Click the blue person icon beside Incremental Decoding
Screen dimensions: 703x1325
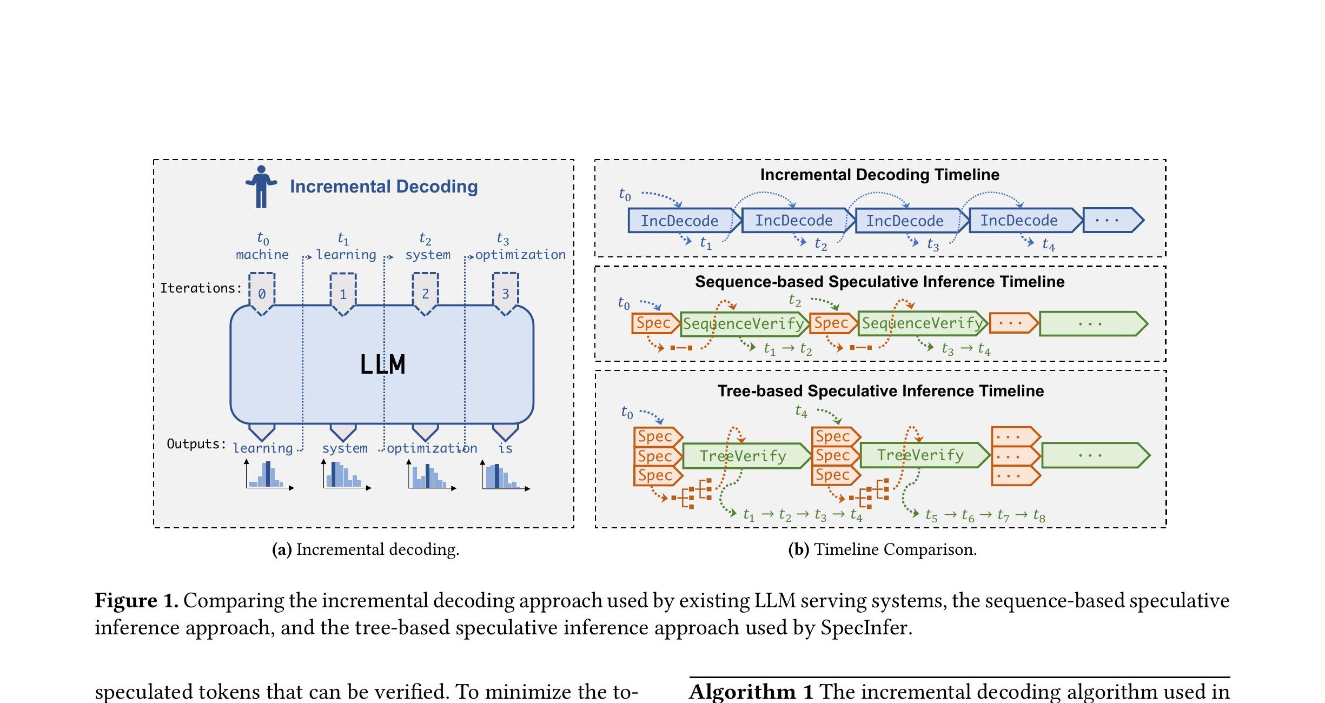coord(261,187)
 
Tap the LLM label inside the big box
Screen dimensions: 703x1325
coord(382,364)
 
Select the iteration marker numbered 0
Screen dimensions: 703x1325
coord(262,293)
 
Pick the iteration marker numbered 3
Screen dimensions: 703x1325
coord(505,293)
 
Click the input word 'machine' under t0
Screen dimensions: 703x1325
coord(262,255)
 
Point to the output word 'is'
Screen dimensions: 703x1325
coord(505,448)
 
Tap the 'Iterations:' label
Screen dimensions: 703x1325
coord(201,288)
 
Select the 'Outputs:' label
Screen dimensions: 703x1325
coord(196,444)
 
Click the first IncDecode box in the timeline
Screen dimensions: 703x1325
coord(680,221)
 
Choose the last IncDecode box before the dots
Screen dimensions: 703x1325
coord(1019,221)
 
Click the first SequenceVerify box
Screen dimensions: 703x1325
coord(744,323)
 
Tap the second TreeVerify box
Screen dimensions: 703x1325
coord(920,455)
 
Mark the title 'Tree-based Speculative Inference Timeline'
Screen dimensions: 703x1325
coord(880,391)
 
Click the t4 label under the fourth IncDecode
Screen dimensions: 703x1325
coord(1048,245)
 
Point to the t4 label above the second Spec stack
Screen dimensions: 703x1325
coord(801,412)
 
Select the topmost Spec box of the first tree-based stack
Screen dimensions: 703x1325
coord(655,436)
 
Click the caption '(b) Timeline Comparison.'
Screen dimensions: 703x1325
coord(882,549)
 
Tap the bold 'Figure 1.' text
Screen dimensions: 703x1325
coord(136,601)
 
